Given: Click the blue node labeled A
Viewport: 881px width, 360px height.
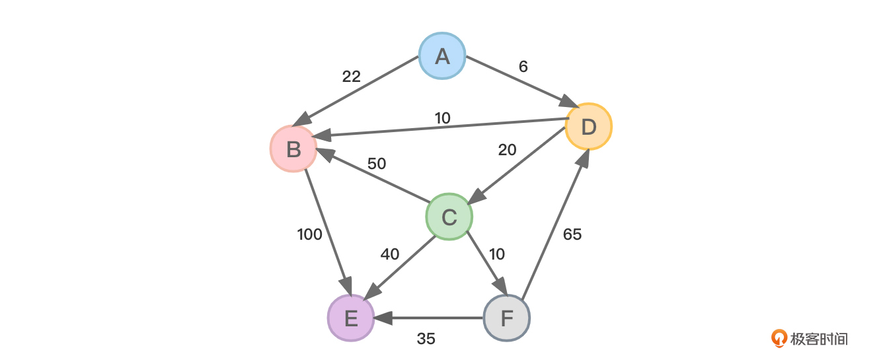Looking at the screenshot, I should (442, 55).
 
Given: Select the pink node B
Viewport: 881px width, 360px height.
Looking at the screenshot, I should (293, 149).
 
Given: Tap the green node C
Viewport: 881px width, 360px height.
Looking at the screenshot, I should (449, 217).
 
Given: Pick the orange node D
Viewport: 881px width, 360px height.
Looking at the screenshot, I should (589, 126).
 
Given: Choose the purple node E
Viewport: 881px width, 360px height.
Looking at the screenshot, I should (351, 318).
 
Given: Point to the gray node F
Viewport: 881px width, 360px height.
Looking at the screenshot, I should (507, 318).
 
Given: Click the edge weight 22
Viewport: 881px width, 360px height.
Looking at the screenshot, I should (352, 77).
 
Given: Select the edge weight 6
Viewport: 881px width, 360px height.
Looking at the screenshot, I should (523, 67).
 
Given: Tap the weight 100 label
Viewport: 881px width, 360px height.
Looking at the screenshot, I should (309, 234).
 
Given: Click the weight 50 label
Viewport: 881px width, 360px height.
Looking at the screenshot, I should (377, 163).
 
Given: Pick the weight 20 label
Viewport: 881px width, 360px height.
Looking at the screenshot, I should (507, 151).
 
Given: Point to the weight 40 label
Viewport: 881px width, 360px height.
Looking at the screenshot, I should (390, 254).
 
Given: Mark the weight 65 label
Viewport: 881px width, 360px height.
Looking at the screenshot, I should (572, 234).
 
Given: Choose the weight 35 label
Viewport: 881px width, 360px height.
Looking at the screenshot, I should (426, 339).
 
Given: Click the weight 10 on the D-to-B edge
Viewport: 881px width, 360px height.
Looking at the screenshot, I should (443, 118).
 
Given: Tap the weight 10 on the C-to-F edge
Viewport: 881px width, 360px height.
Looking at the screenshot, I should (496, 254).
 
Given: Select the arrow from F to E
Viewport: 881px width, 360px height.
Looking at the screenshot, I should (430, 318).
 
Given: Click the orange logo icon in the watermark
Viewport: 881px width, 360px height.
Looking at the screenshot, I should (780, 339).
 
